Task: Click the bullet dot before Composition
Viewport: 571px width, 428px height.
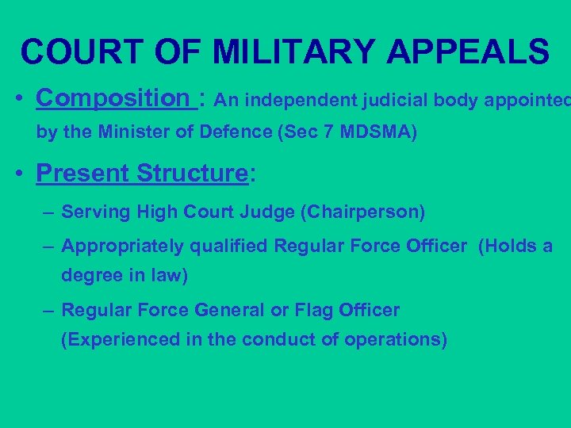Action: pyautogui.click(x=17, y=101)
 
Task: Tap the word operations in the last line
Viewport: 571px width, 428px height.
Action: pyautogui.click(x=389, y=340)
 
